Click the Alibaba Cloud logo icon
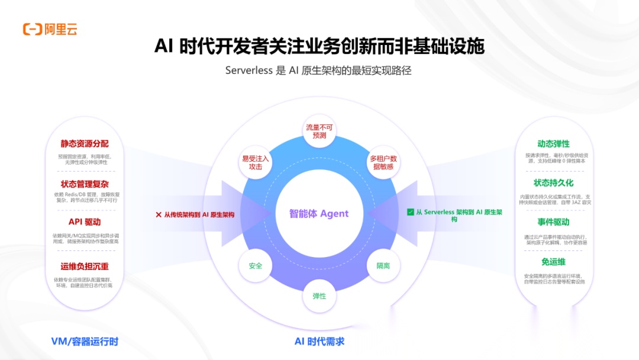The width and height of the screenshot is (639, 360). pos(32,29)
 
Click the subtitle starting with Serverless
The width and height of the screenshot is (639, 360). pos(318,70)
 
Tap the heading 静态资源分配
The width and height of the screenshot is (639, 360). pos(85,144)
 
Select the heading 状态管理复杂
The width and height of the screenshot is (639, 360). pos(85,184)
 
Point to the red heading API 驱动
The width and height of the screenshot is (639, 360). pos(85,222)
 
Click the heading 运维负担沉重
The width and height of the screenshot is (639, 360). pos(85,266)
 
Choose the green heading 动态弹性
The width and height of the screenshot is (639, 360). pos(553,144)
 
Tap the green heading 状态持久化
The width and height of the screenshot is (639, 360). pos(553,183)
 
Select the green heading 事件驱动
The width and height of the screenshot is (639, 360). pos(553,222)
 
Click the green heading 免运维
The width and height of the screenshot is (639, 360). pos(553,262)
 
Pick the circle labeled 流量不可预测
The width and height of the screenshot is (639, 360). pos(319,131)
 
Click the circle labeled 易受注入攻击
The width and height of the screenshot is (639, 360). pos(256,162)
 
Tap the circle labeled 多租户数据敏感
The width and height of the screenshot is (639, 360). pos(383,162)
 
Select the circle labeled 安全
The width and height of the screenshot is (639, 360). pos(256,266)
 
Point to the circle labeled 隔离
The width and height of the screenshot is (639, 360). pos(383,266)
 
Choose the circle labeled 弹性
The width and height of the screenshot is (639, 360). pos(319,295)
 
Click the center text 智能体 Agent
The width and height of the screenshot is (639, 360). pos(319,214)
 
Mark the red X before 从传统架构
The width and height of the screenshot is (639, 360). pos(158,215)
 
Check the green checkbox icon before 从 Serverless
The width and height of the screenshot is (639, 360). pos(410,212)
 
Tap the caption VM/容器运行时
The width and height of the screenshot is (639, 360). pos(85,341)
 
